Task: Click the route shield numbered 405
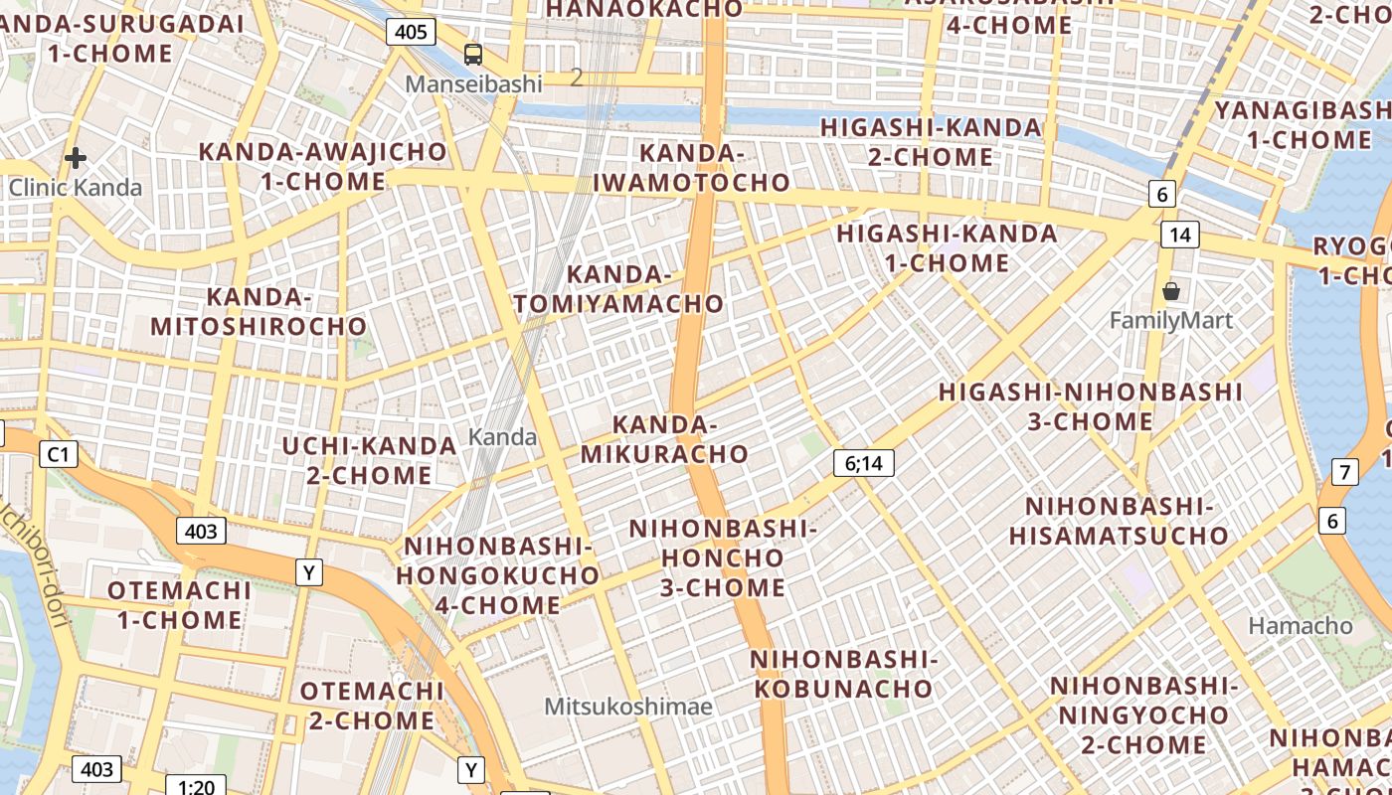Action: [411, 32]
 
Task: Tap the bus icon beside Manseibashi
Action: [473, 55]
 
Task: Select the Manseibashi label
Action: [473, 83]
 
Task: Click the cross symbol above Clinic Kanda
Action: [76, 158]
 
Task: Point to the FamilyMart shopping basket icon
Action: [1171, 291]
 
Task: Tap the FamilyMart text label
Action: [1170, 320]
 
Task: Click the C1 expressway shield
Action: [59, 454]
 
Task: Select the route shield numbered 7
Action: [1344, 472]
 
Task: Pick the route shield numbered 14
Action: [1180, 235]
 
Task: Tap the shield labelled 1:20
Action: [197, 786]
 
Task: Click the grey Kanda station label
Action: [502, 436]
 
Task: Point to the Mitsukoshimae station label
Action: [628, 707]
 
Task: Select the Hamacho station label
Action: [1301, 626]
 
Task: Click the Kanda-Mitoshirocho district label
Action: [259, 311]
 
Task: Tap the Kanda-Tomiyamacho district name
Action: [618, 289]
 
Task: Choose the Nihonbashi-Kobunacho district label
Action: [843, 674]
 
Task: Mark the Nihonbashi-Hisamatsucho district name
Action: [1119, 522]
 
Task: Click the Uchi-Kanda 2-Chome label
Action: [369, 460]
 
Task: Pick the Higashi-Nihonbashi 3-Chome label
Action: [1091, 406]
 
